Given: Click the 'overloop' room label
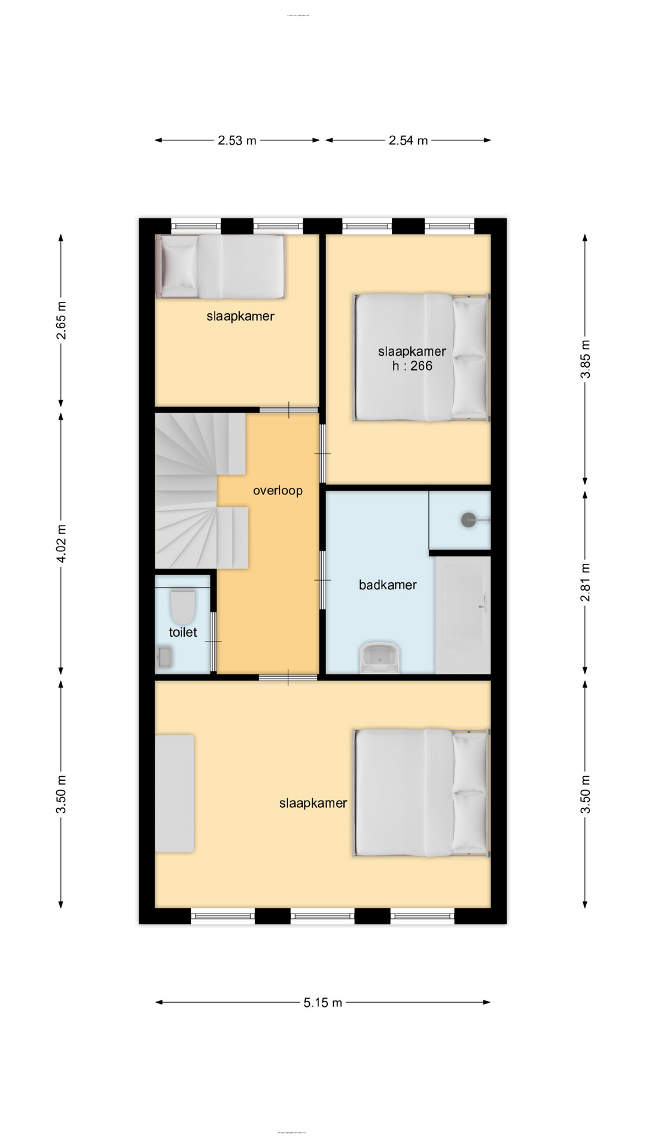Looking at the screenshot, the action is [x=278, y=490].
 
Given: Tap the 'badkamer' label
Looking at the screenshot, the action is [x=388, y=585].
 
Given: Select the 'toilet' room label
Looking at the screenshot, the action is [x=182, y=632].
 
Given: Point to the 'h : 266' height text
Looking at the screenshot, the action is [x=412, y=366].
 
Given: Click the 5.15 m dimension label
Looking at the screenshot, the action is [x=322, y=1003].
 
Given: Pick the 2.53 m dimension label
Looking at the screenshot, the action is [x=237, y=141].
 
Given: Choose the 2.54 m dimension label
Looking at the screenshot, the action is [x=408, y=141].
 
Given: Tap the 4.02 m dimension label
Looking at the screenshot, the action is [x=61, y=543].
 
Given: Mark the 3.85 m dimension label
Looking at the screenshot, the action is [x=586, y=359].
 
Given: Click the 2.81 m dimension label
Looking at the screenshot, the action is [x=586, y=582].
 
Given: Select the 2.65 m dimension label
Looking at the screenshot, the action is [x=61, y=320].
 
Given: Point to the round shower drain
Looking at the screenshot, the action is [x=469, y=520].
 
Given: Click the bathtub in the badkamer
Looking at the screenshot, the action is [x=463, y=615].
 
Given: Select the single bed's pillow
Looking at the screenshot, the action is [x=179, y=267].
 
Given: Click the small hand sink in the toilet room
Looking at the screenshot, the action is [x=164, y=657].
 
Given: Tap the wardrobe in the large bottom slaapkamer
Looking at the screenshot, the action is [x=175, y=793].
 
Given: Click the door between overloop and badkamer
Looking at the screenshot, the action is [x=322, y=580].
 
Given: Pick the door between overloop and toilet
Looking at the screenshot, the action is [x=214, y=642].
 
